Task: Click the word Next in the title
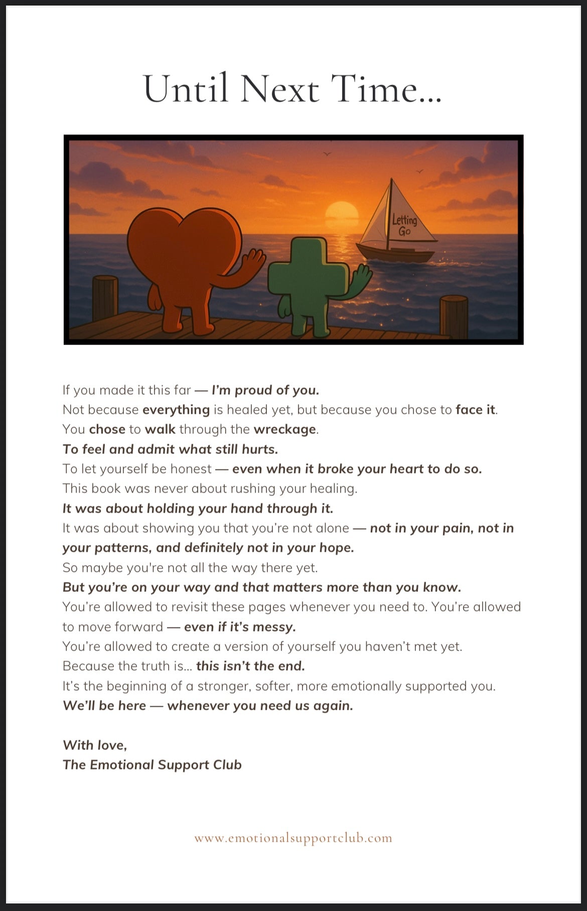click(x=279, y=89)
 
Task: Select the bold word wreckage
click(x=285, y=429)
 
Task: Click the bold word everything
click(x=176, y=410)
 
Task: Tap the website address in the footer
click(x=293, y=838)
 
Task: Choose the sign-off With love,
click(x=95, y=745)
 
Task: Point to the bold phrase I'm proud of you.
click(x=265, y=390)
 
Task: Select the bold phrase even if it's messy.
click(x=240, y=627)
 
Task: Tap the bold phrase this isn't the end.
click(x=250, y=666)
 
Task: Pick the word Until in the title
click(x=186, y=89)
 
